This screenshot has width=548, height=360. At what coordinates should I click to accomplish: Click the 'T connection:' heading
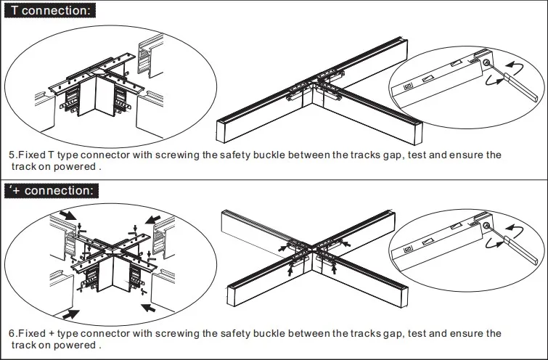point(52,11)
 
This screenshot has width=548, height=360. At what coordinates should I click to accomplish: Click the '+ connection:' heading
point(52,191)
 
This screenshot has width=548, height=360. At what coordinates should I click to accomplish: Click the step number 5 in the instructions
point(12,155)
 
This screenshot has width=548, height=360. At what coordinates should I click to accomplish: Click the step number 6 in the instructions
point(12,333)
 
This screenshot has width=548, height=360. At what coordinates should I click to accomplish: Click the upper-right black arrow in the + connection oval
point(154,217)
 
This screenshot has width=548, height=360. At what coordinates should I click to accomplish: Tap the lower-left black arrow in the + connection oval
point(70,314)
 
